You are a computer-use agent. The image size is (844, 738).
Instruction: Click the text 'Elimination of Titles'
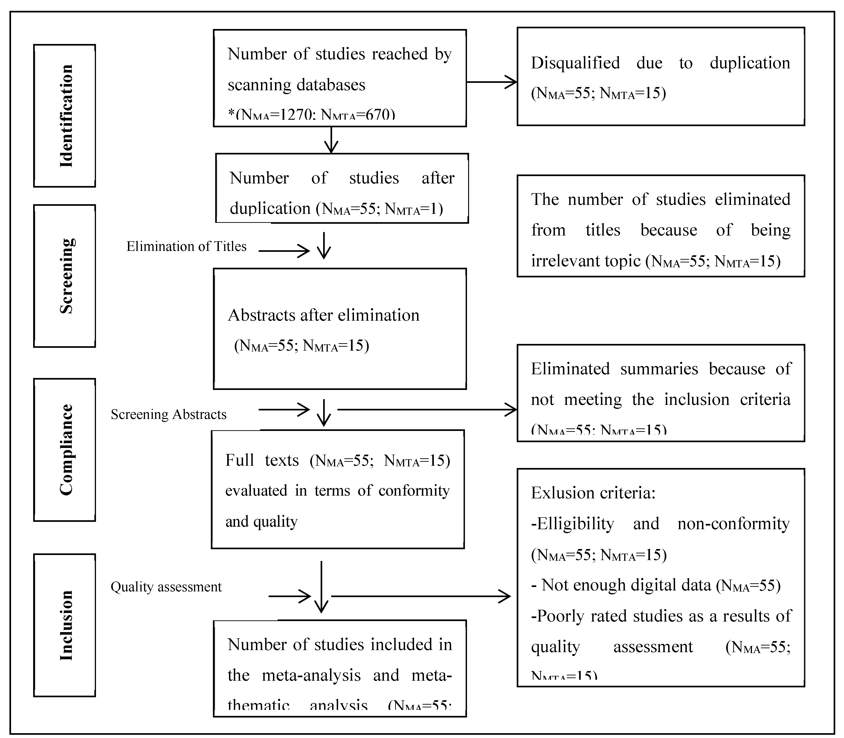pyautogui.click(x=186, y=246)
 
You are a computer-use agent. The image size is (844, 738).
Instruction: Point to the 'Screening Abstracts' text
pyautogui.click(x=168, y=414)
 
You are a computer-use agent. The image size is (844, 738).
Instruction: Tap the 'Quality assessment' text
pyautogui.click(x=166, y=587)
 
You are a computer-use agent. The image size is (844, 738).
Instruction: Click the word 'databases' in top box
pyautogui.click(x=331, y=85)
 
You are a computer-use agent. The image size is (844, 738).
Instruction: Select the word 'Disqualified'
pyautogui.click(x=575, y=63)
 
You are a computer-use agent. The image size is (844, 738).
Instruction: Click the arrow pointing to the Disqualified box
pyautogui.click(x=492, y=82)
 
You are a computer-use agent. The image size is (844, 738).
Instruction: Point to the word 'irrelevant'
pyautogui.click(x=565, y=261)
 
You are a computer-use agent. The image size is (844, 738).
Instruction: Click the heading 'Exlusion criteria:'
pyautogui.click(x=593, y=493)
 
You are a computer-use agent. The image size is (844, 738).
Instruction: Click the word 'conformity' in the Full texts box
pyautogui.click(x=414, y=491)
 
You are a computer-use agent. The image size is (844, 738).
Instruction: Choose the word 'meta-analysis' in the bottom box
pyautogui.click(x=311, y=675)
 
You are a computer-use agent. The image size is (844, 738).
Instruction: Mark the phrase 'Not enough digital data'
pyautogui.click(x=626, y=585)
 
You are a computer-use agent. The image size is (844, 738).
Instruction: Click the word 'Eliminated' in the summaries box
pyautogui.click(x=570, y=369)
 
